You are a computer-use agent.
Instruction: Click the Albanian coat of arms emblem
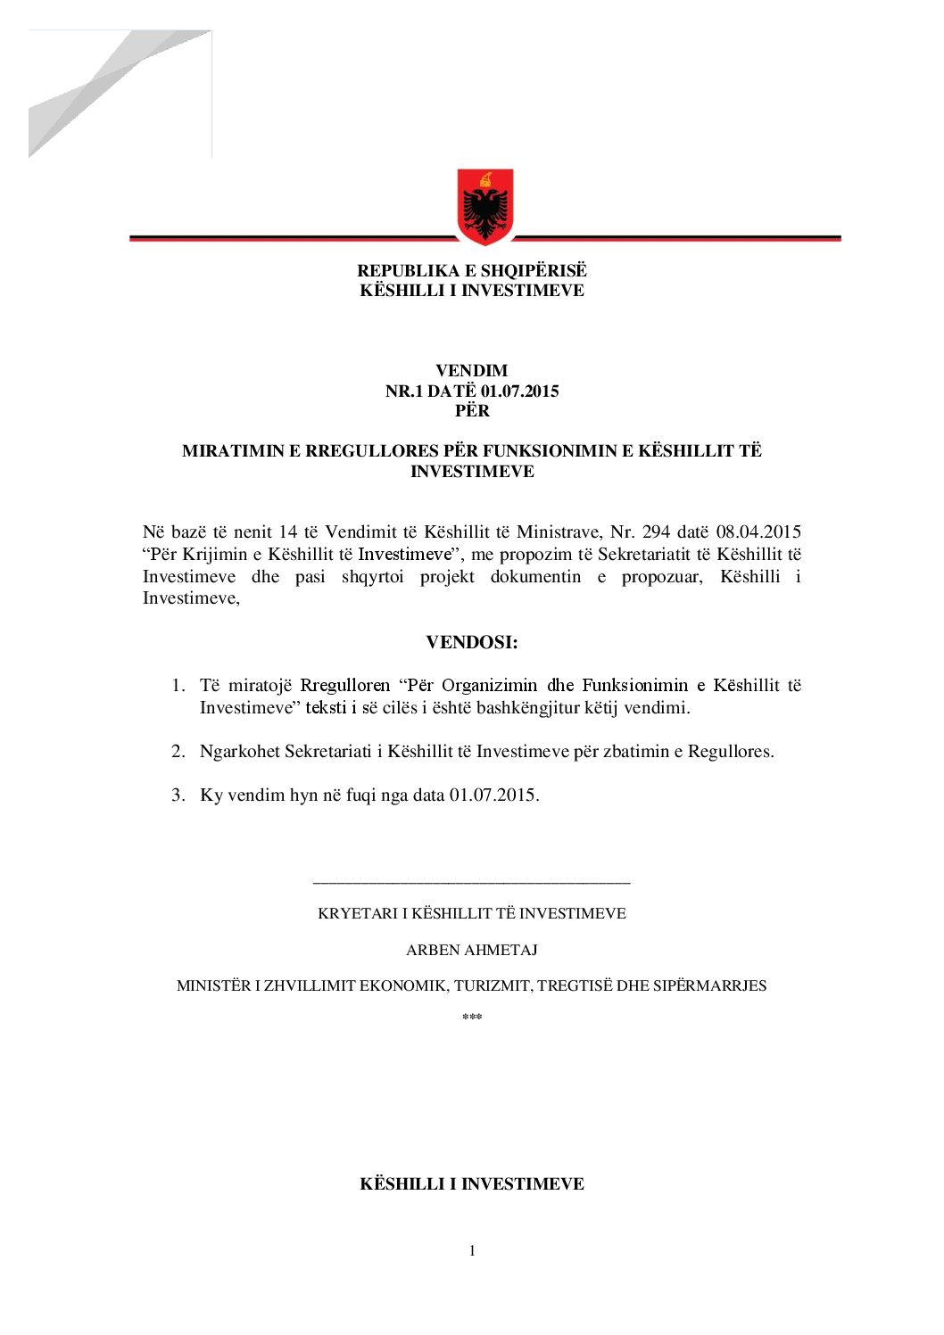[x=484, y=206]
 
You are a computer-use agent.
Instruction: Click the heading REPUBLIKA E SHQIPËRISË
[x=472, y=270]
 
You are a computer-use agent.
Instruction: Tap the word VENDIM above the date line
[x=471, y=370]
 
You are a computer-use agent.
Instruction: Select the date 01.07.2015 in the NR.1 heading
[x=519, y=391]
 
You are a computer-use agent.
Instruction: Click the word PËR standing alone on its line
[x=472, y=410]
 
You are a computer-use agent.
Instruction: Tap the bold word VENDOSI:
[x=471, y=642]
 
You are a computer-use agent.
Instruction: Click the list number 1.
[x=178, y=686]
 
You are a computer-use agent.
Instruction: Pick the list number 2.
[x=178, y=752]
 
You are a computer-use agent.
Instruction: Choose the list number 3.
[x=178, y=795]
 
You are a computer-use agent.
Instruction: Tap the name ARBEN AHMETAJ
[x=471, y=950]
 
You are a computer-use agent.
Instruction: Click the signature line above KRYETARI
[x=471, y=883]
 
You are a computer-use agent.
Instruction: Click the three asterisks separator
[x=471, y=1018]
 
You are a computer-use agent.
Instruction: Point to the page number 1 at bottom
[x=472, y=1250]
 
